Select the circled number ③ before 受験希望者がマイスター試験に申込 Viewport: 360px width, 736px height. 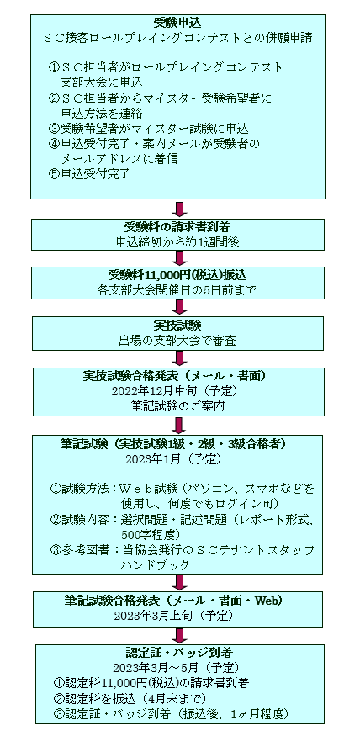(54, 129)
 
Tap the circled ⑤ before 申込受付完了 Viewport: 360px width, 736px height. (54, 173)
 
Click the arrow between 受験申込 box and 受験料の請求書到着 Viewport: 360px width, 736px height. (178, 209)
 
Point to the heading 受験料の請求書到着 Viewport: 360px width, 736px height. (177, 227)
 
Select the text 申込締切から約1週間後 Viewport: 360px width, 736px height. (177, 242)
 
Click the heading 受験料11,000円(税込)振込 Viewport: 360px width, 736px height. (177, 275)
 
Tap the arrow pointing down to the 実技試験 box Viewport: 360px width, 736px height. (178, 306)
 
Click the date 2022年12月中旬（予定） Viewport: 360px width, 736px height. (177, 391)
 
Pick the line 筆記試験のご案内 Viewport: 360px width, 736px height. (177, 406)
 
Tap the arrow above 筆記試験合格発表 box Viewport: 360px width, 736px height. (178, 582)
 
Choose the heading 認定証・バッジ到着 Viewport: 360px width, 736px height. (179, 653)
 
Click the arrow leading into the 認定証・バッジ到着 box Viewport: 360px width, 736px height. (178, 636)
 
